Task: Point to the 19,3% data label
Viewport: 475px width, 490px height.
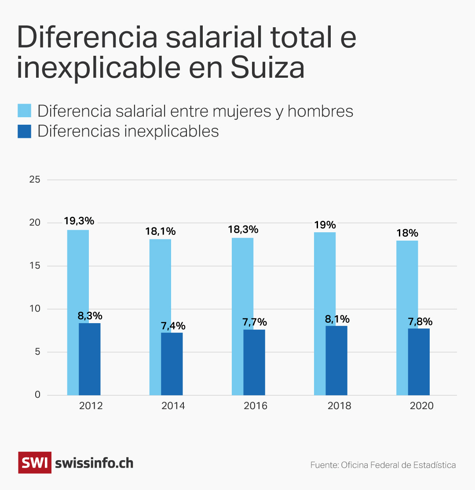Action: [x=79, y=221]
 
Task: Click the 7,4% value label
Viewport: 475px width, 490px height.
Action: [x=173, y=326]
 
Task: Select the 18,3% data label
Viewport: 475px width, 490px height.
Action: [x=243, y=229]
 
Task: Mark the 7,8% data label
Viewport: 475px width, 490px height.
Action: [x=420, y=321]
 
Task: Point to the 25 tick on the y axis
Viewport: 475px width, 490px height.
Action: [x=35, y=180]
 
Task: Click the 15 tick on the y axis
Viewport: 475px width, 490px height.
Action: [x=35, y=266]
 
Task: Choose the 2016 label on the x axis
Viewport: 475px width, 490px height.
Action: [x=255, y=406]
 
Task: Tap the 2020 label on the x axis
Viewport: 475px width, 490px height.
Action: [x=421, y=406]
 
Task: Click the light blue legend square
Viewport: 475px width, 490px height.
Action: [x=24, y=111]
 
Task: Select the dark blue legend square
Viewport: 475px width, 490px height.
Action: [x=24, y=131]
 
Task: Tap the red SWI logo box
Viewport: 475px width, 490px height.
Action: [x=35, y=462]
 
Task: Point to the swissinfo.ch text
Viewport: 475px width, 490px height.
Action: [x=94, y=463]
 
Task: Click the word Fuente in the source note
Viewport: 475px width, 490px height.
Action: [x=324, y=465]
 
